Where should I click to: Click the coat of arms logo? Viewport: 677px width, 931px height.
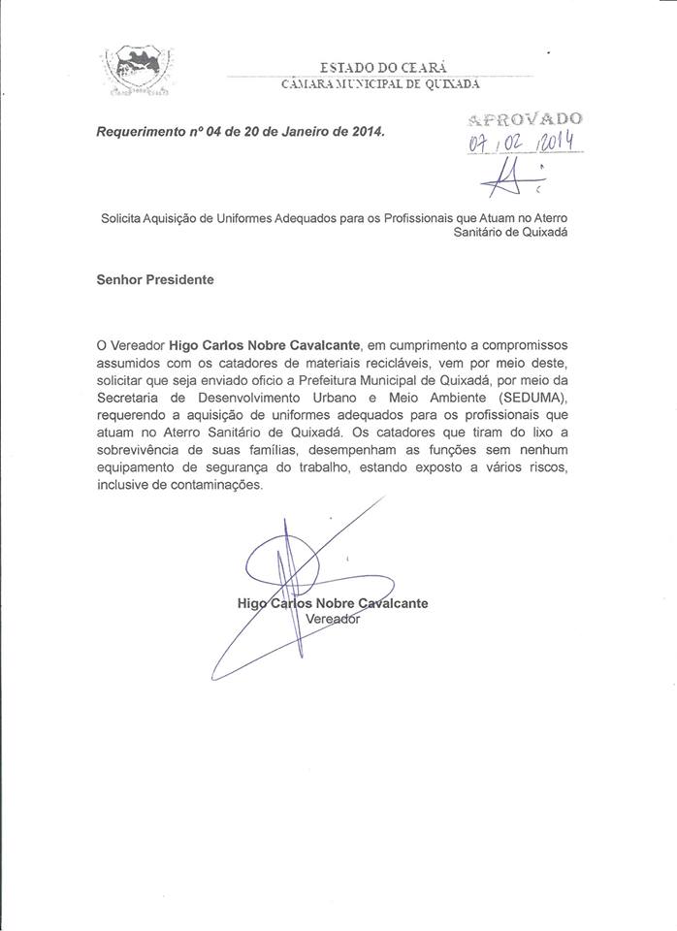pyautogui.click(x=137, y=72)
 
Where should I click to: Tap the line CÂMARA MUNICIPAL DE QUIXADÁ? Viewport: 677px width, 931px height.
pyautogui.click(x=380, y=86)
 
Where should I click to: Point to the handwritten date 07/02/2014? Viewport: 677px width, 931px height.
pyautogui.click(x=523, y=144)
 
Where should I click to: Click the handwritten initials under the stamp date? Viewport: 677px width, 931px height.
pyautogui.click(x=512, y=177)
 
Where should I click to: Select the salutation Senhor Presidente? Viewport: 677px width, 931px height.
pyautogui.click(x=154, y=279)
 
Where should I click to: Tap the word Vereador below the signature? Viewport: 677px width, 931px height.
pyautogui.click(x=333, y=619)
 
